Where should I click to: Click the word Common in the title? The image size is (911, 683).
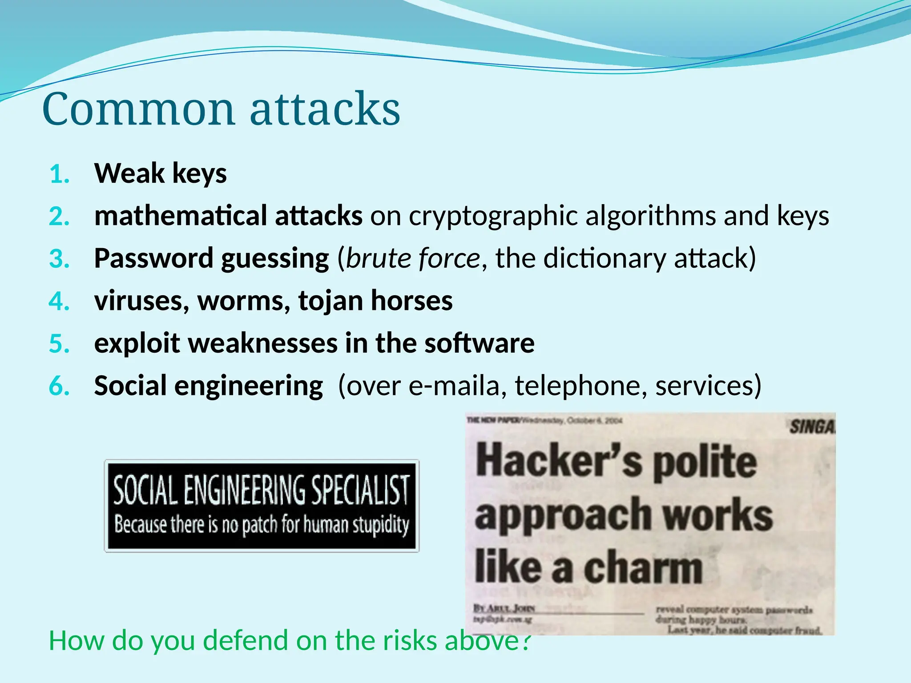coord(138,109)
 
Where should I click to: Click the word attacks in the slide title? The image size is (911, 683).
coord(325,109)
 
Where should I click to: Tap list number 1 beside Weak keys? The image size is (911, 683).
coord(59,174)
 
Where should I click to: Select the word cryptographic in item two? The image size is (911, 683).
coord(493,216)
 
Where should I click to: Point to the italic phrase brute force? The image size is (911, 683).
coord(413,258)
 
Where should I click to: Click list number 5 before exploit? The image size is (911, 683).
coord(59,344)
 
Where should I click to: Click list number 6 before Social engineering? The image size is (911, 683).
coord(59,386)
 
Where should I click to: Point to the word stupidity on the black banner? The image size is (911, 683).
coord(381,525)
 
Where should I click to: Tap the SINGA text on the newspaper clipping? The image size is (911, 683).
coord(812,427)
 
